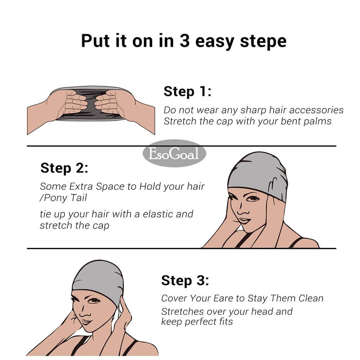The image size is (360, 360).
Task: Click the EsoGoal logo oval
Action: click(174, 153)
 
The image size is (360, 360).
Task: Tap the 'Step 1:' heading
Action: click(187, 91)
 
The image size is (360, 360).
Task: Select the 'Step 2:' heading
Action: click(64, 168)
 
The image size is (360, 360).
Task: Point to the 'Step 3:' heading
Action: click(185, 280)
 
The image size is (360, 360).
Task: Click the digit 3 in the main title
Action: click(185, 41)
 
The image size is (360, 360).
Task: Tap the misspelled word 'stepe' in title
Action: click(263, 42)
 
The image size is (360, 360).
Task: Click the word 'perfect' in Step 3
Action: click(201, 322)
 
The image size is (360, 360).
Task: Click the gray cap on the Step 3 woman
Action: click(98, 280)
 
